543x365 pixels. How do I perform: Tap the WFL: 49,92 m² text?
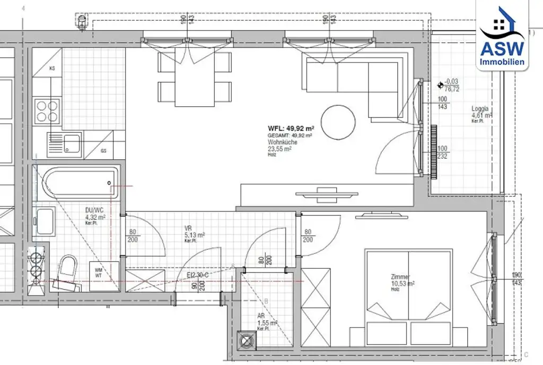(292, 128)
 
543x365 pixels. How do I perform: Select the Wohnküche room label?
(282, 142)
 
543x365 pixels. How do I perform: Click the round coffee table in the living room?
(339, 122)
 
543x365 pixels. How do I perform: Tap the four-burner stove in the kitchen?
(47, 111)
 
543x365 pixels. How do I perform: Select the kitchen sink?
(64, 145)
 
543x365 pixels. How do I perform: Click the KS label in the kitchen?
(52, 69)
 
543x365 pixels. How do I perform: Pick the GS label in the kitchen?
(103, 151)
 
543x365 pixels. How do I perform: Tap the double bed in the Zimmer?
(408, 298)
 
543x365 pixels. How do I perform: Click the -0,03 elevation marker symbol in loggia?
(440, 84)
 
